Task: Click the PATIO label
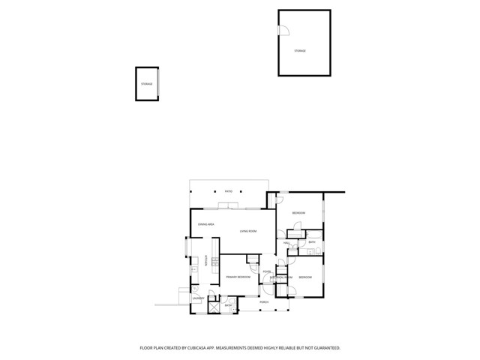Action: click(228, 191)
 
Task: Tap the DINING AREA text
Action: click(206, 224)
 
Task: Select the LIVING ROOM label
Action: click(248, 231)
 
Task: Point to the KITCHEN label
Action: click(205, 261)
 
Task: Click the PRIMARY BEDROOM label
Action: click(238, 277)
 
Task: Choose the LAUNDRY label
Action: click(198, 298)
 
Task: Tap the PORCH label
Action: click(264, 302)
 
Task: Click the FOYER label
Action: click(266, 271)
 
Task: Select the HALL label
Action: click(286, 243)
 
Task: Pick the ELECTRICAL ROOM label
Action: click(281, 277)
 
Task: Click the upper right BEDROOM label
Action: click(298, 214)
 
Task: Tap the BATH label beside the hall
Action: click(312, 242)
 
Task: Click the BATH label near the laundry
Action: click(228, 305)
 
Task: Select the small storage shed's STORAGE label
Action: click(146, 84)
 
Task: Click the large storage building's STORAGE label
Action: click(300, 51)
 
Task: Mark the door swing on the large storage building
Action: click(283, 31)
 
